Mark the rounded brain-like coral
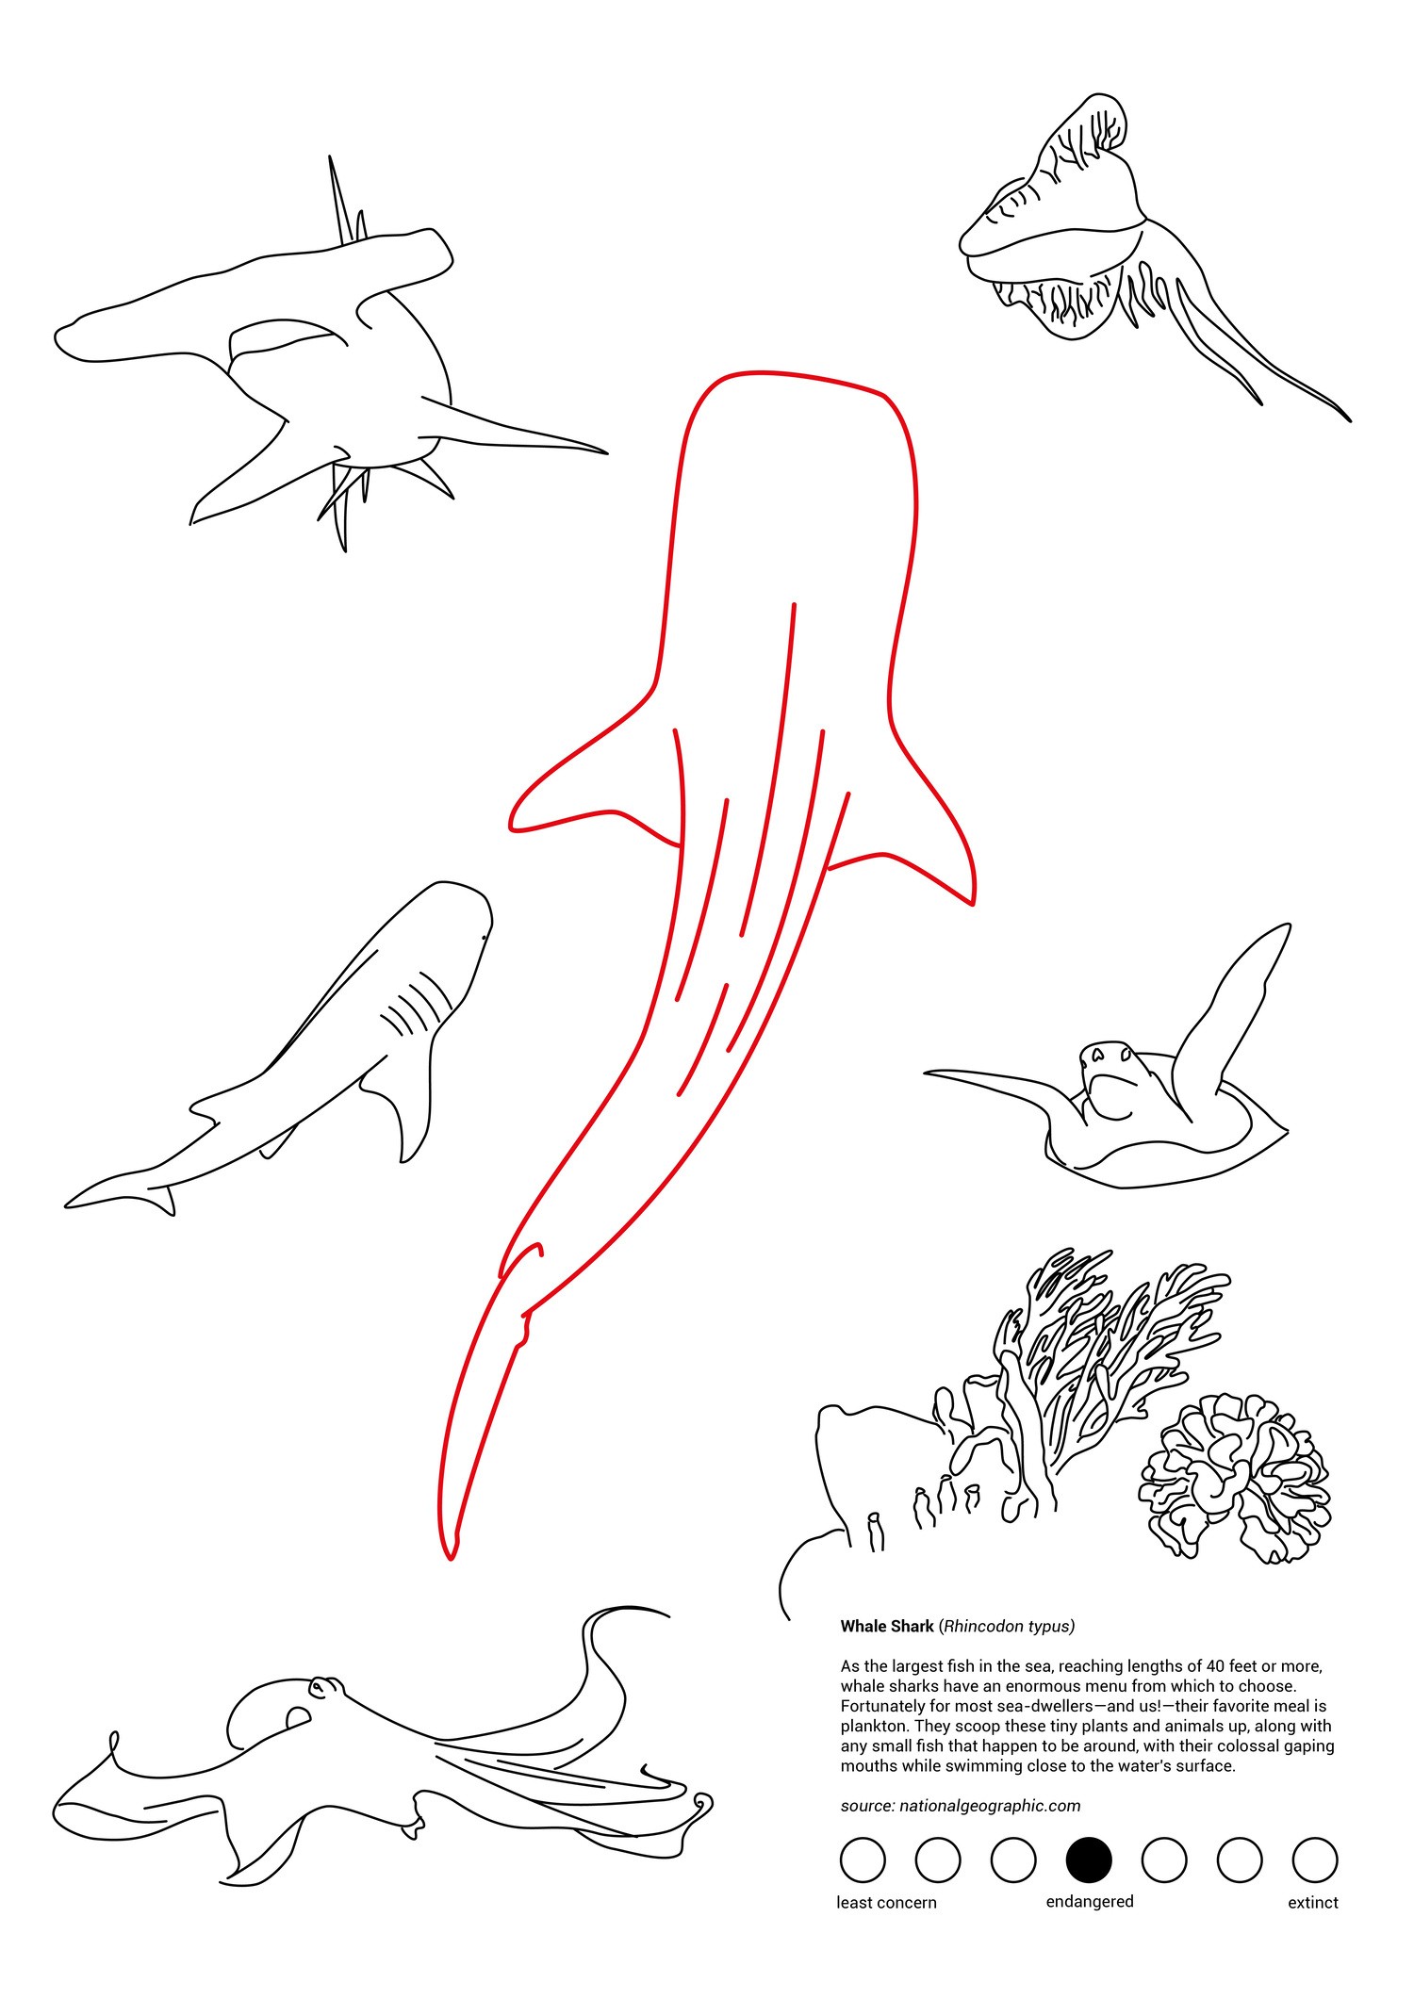click(x=1235, y=1475)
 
